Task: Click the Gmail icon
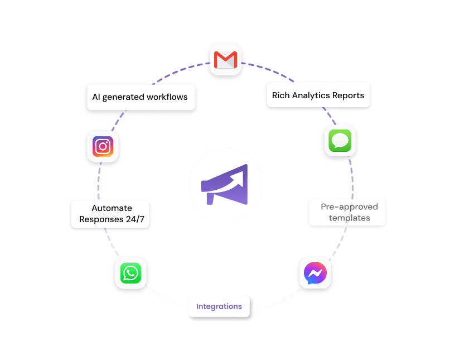coord(226,59)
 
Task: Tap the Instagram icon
coord(103,146)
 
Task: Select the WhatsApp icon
coord(130,273)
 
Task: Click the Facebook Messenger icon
coord(315,273)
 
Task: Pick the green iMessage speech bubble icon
coord(340,140)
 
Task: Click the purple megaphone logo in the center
coord(225,184)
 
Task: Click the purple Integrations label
coord(219,306)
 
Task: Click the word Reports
coord(349,95)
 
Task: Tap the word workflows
coord(167,97)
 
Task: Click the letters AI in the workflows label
coord(96,97)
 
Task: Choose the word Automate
coord(112,208)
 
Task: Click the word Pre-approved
coord(349,207)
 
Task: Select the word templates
coord(349,218)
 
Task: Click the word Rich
coord(281,95)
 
